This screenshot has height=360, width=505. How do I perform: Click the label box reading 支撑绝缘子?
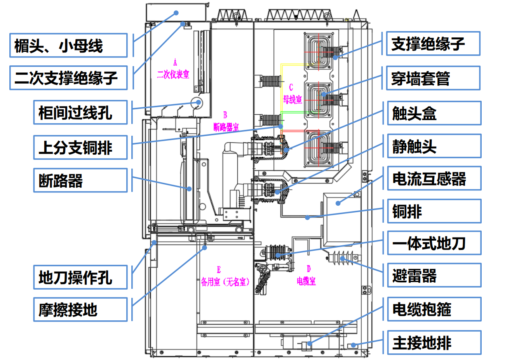[x=433, y=44]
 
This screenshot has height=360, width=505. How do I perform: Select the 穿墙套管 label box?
[x=433, y=78]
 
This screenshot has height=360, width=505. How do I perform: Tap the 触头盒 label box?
[x=434, y=113]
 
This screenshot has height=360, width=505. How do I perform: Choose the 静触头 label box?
[x=434, y=146]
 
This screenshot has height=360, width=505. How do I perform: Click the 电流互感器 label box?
[x=434, y=178]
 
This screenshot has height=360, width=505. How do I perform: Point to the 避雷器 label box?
[x=434, y=275]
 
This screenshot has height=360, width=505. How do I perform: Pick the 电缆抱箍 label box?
[x=434, y=309]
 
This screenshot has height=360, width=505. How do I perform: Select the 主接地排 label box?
[x=434, y=343]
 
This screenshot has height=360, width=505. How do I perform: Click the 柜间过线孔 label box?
[x=80, y=112]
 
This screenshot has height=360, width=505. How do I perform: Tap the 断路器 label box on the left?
[x=80, y=180]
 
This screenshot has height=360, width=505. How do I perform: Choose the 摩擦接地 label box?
[x=80, y=309]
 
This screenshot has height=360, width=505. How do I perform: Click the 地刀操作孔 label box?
[x=80, y=277]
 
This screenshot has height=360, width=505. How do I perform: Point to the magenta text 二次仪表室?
[x=173, y=74]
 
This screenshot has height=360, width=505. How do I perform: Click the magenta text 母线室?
[x=293, y=99]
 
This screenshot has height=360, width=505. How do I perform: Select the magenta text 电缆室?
[x=306, y=281]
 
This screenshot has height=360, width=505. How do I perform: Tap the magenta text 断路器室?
[x=226, y=128]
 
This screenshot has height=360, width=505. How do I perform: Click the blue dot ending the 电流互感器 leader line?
[x=338, y=203]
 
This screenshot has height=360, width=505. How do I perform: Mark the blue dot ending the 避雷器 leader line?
[x=343, y=258]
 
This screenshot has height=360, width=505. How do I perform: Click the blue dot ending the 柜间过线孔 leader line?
[x=199, y=102]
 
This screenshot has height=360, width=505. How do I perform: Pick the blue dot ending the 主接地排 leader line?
[x=353, y=345]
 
